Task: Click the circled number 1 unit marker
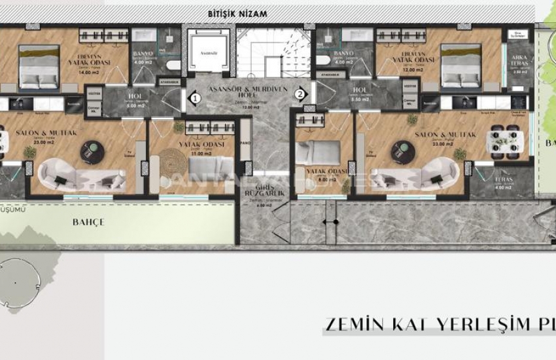pos(194,98)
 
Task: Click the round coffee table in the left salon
pos(90,152)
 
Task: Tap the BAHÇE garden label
pos(88,223)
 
